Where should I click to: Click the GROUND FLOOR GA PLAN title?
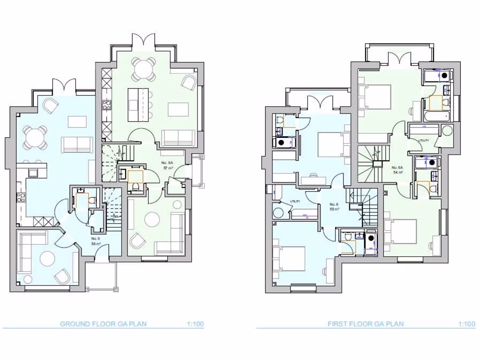pyautogui.click(x=103, y=324)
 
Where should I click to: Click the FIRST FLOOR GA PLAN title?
pyautogui.click(x=365, y=324)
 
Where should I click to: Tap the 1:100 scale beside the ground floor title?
pyautogui.click(x=195, y=324)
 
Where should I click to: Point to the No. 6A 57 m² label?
pyautogui.click(x=168, y=165)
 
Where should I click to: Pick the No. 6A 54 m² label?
pyautogui.click(x=397, y=169)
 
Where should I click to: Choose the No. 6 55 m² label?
pyautogui.click(x=334, y=206)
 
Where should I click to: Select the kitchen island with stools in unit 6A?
pyautogui.click(x=139, y=105)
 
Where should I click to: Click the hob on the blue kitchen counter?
pyautogui.click(x=21, y=197)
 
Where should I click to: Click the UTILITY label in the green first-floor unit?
pyautogui.click(x=424, y=140)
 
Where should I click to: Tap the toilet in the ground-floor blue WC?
pyautogui.click(x=92, y=199)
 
